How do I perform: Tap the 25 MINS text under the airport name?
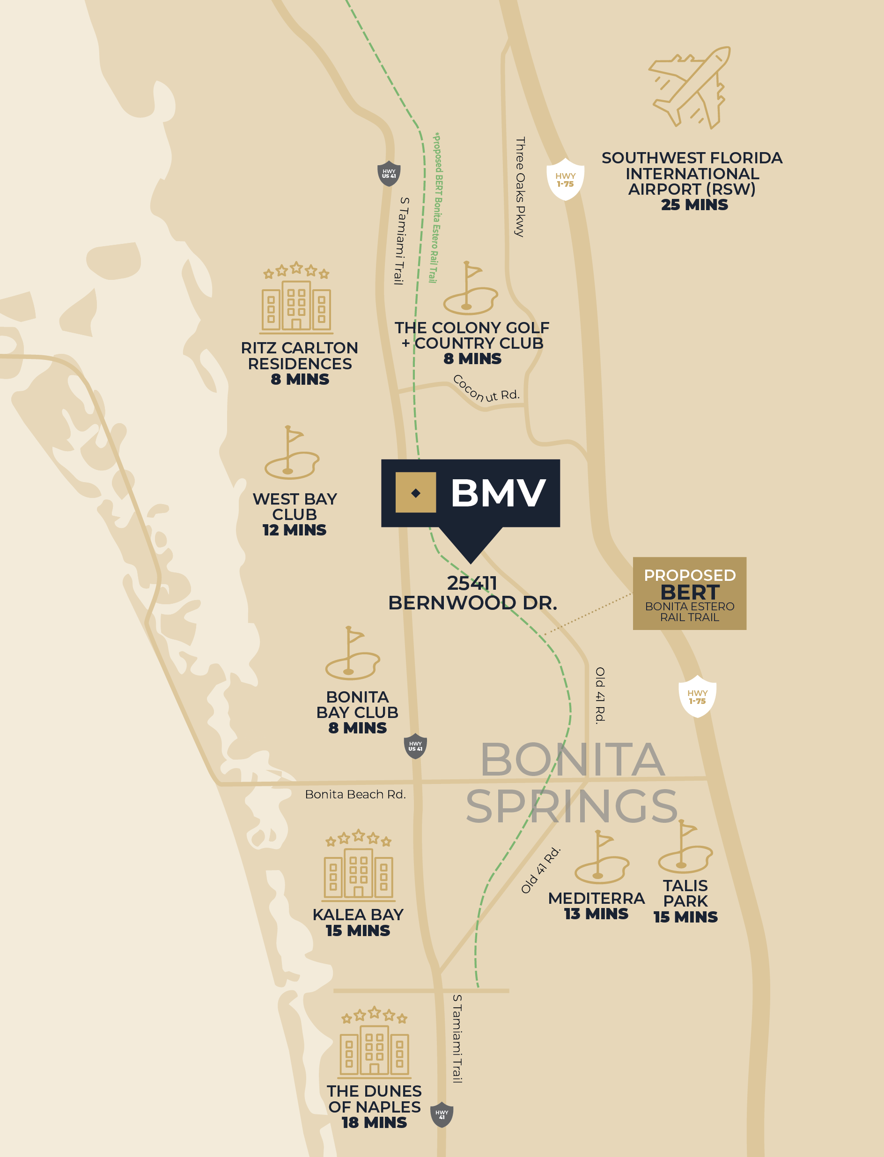tap(694, 205)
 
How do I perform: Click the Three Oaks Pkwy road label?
tap(520, 187)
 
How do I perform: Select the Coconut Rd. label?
tap(486, 390)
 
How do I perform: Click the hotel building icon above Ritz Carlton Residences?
tap(297, 300)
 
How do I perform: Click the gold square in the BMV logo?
tap(415, 492)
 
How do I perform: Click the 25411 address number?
tap(472, 583)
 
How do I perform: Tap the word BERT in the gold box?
tap(689, 592)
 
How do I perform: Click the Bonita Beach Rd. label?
tap(355, 794)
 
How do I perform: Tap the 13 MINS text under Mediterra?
tap(596, 914)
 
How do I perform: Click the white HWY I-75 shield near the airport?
tap(565, 179)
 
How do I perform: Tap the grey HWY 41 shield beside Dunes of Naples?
tap(442, 1114)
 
